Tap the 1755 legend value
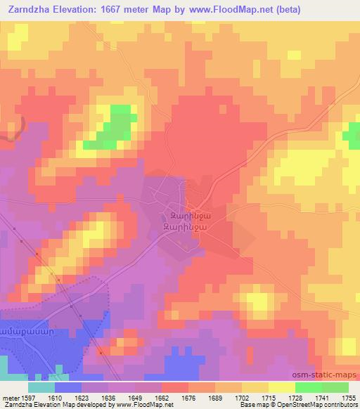pos(349,397)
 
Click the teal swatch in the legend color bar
pos(41,387)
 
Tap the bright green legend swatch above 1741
pos(309,387)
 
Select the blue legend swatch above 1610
pos(68,387)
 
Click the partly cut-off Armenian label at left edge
pos(24,330)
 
